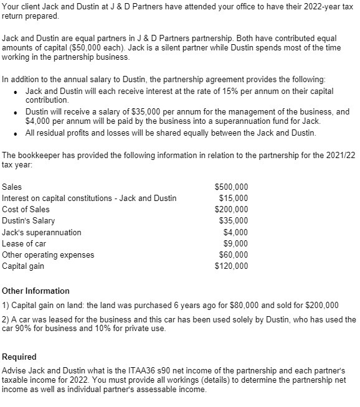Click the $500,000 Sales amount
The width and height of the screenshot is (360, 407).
point(231,187)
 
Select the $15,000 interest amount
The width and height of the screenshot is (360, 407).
point(234,198)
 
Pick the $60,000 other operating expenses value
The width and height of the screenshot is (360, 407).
point(234,255)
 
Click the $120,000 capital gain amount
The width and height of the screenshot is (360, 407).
point(231,266)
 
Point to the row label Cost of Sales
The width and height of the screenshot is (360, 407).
point(26,209)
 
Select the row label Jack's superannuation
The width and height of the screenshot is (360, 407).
point(42,232)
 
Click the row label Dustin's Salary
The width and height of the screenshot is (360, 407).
point(29,220)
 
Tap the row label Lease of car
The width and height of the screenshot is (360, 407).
point(24,243)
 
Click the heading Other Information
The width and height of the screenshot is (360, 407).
point(36,291)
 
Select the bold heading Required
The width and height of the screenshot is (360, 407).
point(19,357)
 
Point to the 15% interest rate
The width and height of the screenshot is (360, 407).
point(213,91)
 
